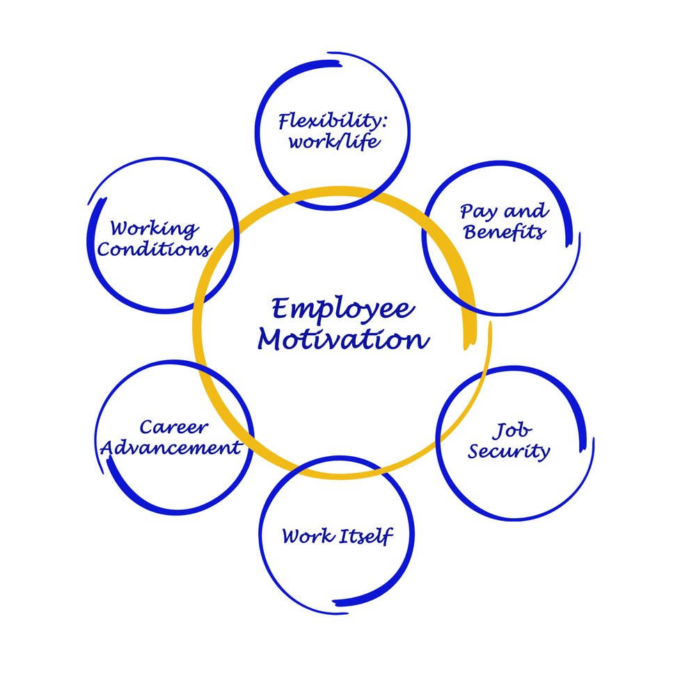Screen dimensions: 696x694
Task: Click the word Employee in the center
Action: [x=343, y=309]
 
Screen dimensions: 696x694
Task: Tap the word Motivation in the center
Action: [x=344, y=339]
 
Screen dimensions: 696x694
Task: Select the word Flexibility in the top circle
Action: [x=329, y=121]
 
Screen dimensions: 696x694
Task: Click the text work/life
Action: [x=334, y=142]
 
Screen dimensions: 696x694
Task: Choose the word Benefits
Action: [x=505, y=232]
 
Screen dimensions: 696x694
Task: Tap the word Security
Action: [x=509, y=451]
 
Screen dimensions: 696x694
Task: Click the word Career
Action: [x=173, y=427]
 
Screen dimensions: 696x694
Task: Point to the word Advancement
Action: [x=171, y=447]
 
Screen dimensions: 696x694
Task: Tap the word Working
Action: [x=154, y=229]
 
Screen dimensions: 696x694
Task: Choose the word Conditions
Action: [x=154, y=249]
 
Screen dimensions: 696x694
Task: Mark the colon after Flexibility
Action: [x=384, y=121]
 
